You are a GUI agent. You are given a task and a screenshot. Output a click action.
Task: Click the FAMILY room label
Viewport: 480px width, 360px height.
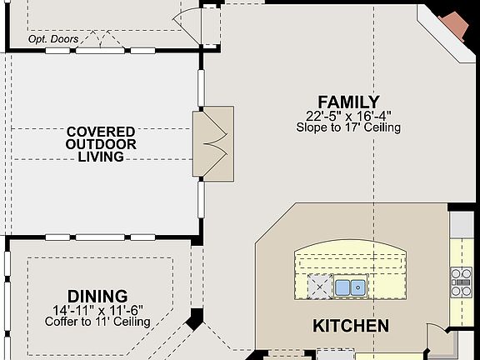(x=348, y=102)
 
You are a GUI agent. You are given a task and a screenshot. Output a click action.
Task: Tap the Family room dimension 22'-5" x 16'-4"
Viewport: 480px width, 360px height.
(x=348, y=116)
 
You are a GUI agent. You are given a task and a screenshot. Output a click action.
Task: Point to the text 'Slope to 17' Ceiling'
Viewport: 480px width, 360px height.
(x=348, y=127)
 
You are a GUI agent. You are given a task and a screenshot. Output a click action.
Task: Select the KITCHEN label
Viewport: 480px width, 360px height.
(x=350, y=325)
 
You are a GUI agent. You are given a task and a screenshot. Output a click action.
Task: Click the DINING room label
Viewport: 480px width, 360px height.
(x=97, y=296)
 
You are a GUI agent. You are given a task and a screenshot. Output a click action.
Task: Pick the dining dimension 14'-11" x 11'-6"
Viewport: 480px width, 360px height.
(x=97, y=309)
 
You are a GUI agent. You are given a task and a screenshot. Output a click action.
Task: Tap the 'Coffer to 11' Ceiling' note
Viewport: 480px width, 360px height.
(x=97, y=321)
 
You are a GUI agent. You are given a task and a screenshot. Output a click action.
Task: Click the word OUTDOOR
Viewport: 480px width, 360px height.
(x=101, y=144)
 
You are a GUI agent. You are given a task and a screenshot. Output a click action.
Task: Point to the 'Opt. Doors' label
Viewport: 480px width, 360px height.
(x=53, y=39)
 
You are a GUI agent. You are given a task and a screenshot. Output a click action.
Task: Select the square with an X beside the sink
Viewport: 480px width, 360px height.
(x=320, y=287)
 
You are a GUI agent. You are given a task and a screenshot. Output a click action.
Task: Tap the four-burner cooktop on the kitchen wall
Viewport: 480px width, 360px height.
(x=462, y=282)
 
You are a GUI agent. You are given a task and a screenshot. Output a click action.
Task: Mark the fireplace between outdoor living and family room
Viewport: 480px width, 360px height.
(x=213, y=142)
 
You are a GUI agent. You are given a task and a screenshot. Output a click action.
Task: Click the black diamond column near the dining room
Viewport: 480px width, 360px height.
(x=195, y=319)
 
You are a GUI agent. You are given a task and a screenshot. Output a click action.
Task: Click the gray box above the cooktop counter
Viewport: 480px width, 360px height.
(x=461, y=223)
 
